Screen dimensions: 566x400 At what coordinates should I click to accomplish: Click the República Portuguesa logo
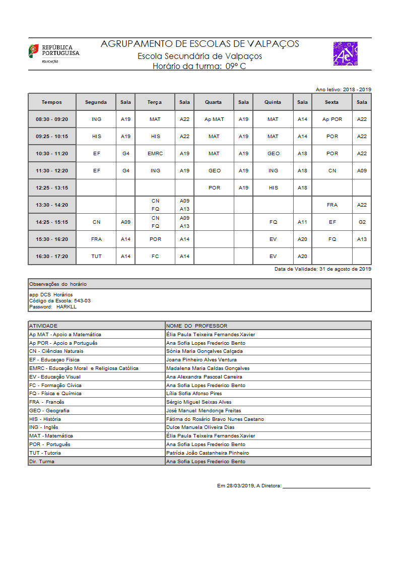tap(53, 53)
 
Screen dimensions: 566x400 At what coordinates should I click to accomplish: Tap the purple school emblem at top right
tap(345, 53)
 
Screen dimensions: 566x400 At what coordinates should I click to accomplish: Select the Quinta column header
tap(273, 102)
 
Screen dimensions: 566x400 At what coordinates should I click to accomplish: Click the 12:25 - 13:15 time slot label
tap(52, 188)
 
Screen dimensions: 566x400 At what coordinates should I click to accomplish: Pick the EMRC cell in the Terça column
tap(155, 154)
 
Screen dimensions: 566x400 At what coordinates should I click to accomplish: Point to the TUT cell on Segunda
tap(96, 257)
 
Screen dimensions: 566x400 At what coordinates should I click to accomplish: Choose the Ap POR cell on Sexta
tap(332, 119)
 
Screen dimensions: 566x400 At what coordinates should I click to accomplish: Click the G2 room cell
tap(362, 222)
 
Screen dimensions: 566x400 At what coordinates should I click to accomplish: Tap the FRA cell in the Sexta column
tap(332, 205)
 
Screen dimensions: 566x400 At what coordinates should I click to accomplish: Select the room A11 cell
tap(302, 222)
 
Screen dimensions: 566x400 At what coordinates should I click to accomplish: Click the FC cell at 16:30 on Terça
tap(155, 257)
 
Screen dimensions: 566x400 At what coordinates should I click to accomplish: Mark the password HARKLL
tap(66, 306)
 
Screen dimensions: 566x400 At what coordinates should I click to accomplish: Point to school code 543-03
tap(82, 300)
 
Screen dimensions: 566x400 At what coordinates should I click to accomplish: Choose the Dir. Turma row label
tap(42, 461)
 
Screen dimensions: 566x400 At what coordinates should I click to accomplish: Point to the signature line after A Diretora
tap(326, 487)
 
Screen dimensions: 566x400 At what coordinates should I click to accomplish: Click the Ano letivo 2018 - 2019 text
tap(343, 89)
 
